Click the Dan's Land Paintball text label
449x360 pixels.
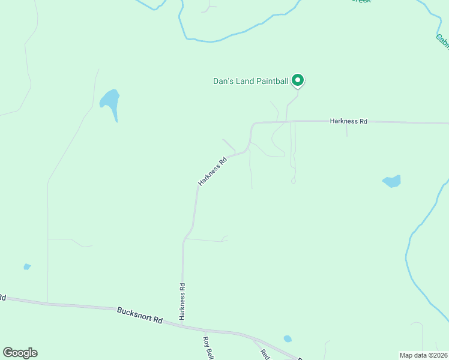click(251, 81)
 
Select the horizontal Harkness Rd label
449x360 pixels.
click(348, 121)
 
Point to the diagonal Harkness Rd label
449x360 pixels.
click(213, 171)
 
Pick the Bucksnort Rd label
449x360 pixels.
click(140, 316)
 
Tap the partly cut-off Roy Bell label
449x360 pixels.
click(208, 347)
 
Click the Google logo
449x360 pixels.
click(20, 353)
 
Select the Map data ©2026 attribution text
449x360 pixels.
click(424, 355)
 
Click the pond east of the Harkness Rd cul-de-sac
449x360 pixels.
click(391, 181)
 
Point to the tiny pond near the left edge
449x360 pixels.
click(27, 266)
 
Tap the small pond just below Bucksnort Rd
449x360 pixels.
click(288, 338)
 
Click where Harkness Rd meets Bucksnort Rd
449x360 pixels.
click(181, 325)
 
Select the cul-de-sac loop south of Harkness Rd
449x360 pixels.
click(293, 180)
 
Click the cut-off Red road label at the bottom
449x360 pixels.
click(265, 353)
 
